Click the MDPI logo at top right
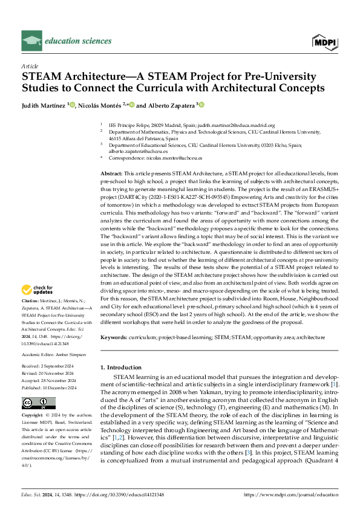(326, 41)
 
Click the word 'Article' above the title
(30, 65)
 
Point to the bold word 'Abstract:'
(112, 173)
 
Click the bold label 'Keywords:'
(114, 337)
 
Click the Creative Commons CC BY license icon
(38, 403)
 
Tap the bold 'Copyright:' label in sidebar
(33, 416)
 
